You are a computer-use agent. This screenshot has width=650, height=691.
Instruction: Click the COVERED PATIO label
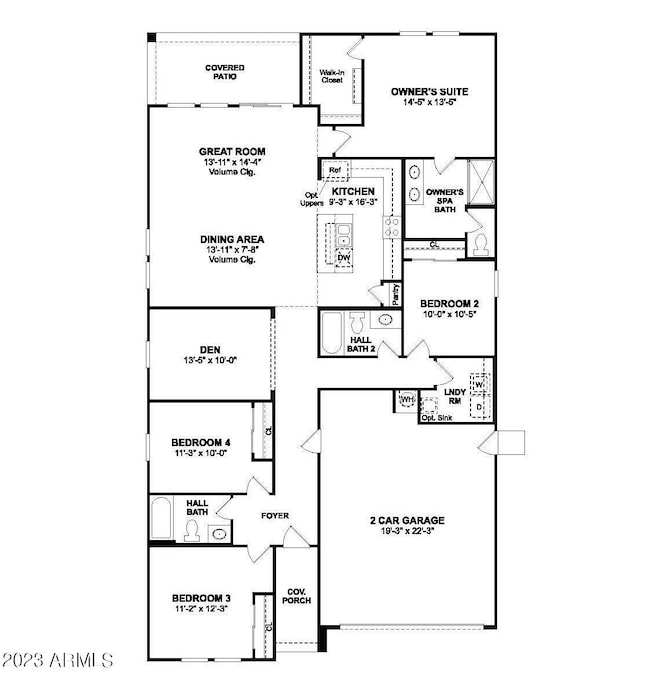tap(225, 72)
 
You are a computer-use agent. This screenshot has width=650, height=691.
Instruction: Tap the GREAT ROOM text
tap(232, 152)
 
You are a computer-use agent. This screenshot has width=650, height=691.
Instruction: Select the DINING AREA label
tap(232, 239)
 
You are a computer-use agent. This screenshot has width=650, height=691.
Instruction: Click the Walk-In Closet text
tap(331, 76)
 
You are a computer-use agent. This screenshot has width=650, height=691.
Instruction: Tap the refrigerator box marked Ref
tap(335, 169)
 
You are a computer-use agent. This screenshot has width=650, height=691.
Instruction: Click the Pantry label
tap(396, 293)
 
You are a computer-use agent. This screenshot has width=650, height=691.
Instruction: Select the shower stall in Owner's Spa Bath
tap(481, 183)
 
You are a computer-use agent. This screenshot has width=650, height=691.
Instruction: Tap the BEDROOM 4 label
tap(202, 440)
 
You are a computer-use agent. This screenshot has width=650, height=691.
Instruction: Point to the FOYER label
tap(275, 516)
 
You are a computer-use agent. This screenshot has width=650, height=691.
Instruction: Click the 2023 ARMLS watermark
tap(58, 661)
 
